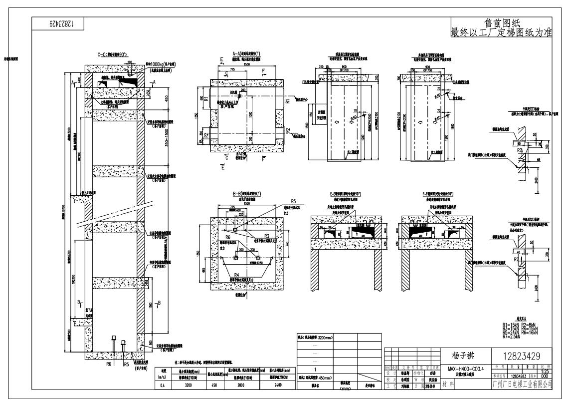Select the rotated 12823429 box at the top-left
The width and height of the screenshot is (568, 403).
click(x=59, y=23)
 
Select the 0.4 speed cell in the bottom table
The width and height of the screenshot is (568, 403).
click(x=164, y=385)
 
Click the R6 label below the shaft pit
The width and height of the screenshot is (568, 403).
click(x=108, y=364)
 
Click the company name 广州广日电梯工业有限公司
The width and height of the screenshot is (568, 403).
click(x=521, y=384)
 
